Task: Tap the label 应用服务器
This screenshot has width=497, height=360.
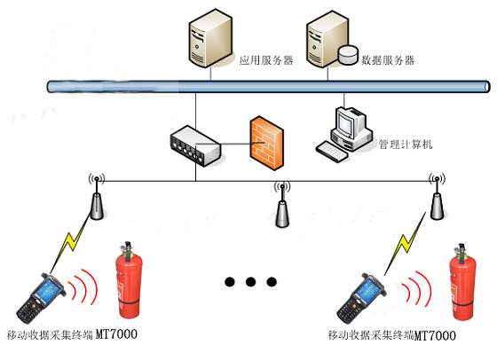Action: coord(265,61)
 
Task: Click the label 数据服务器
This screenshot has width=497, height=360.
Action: coord(388,60)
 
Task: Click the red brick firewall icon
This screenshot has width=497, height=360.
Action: coord(266,139)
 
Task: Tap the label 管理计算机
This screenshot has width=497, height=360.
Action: coord(405,144)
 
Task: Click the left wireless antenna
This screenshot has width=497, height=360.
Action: coord(96,199)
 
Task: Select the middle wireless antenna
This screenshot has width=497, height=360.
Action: coord(282,207)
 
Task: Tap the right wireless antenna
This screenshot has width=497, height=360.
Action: coord(435,199)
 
